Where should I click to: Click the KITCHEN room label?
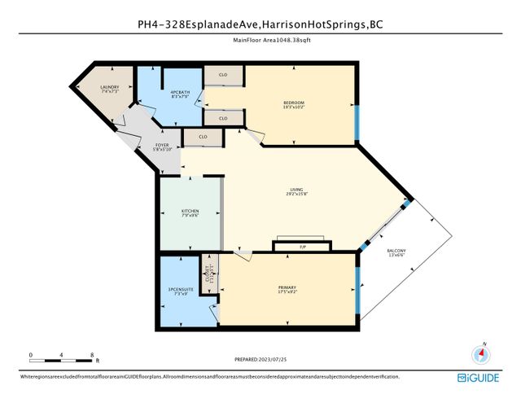click(x=190, y=214)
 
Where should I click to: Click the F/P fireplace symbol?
click(x=302, y=245)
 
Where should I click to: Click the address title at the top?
click(x=260, y=24)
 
